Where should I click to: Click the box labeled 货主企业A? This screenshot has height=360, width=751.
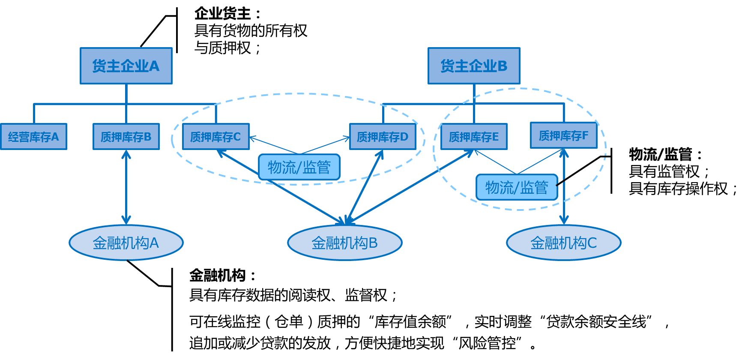pyautogui.click(x=126, y=66)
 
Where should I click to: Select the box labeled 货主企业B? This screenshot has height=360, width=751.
pyautogui.click(x=474, y=66)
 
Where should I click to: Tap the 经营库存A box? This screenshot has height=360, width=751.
pyautogui.click(x=33, y=137)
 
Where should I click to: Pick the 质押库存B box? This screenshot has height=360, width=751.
pyautogui.click(x=126, y=137)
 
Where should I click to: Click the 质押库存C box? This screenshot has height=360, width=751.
pyautogui.click(x=215, y=137)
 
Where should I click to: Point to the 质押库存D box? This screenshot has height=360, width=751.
pyautogui.click(x=383, y=137)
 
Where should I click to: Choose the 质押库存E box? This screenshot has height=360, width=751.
pyautogui.click(x=474, y=137)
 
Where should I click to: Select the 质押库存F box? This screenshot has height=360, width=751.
pyautogui.click(x=563, y=135)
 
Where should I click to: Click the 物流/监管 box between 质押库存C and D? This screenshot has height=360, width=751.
pyautogui.click(x=299, y=167)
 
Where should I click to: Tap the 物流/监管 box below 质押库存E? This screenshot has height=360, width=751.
pyautogui.click(x=517, y=187)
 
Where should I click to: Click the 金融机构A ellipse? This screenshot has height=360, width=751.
pyautogui.click(x=126, y=243)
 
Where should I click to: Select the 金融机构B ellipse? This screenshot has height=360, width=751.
pyautogui.click(x=344, y=243)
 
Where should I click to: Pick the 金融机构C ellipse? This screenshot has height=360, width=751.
pyautogui.click(x=563, y=243)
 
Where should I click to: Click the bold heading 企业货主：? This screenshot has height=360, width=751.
pyautogui.click(x=227, y=14)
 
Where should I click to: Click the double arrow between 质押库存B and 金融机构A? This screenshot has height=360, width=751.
pyautogui.click(x=126, y=187)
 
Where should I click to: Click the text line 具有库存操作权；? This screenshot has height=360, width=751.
pyautogui.click(x=682, y=189)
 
